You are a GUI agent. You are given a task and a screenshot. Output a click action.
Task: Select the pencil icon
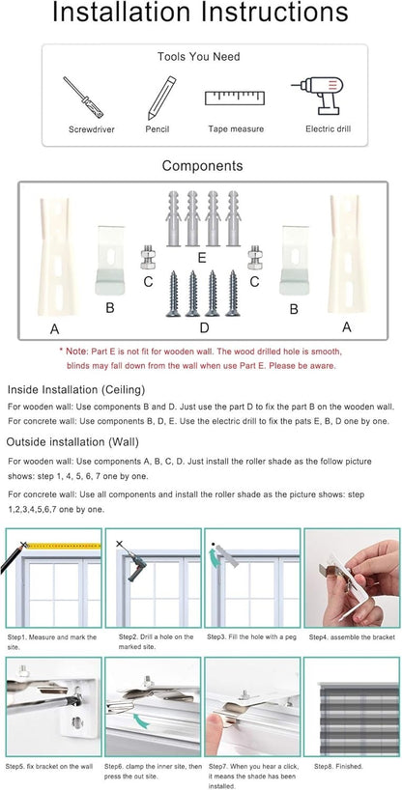[x=159, y=98]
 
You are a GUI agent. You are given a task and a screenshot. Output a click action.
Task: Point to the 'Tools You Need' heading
[x=200, y=57]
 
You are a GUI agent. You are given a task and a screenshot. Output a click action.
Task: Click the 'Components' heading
[x=201, y=166]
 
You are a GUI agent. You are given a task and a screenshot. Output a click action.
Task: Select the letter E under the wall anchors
[x=201, y=258]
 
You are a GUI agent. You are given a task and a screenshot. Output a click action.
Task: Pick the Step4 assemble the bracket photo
[x=352, y=577]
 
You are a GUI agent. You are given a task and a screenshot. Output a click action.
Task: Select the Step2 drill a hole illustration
[x=152, y=577]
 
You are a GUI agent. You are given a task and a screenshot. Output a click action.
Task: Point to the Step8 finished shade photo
[x=352, y=705]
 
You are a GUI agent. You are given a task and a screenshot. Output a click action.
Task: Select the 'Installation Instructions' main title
[x=201, y=14]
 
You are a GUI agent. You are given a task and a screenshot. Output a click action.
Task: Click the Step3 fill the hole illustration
[x=252, y=577]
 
